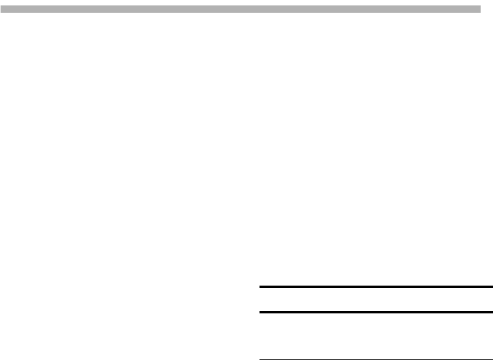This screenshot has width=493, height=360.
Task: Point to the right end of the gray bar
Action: (x=479, y=9)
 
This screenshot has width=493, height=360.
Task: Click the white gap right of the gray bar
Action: (x=487, y=9)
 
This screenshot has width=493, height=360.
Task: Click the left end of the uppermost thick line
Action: (x=260, y=287)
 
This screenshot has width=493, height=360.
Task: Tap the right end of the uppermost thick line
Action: (x=492, y=287)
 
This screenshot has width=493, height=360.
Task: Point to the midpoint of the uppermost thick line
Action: (x=376, y=287)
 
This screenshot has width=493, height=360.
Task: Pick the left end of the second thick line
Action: (x=260, y=312)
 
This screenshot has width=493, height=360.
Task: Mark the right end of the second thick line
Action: (x=492, y=312)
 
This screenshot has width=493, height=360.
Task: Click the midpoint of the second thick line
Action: (x=376, y=312)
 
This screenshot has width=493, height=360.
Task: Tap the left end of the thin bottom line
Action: (x=260, y=359)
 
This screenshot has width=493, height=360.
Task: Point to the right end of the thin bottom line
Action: (x=492, y=359)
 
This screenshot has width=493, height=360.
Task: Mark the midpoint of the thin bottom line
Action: (x=376, y=359)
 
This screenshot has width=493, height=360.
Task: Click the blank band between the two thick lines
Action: (x=376, y=299)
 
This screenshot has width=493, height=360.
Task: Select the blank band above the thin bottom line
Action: (x=376, y=336)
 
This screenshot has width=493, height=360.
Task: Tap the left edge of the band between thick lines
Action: (x=261, y=299)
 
